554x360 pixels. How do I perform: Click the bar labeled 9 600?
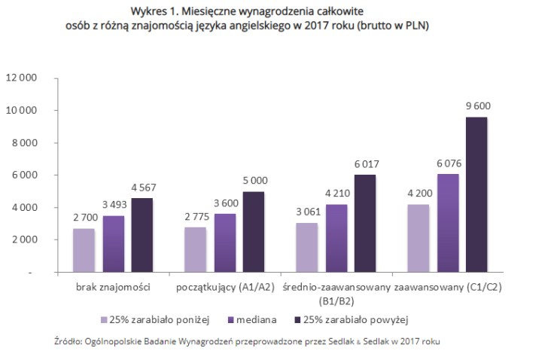[x=476, y=194]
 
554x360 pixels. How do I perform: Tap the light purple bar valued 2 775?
[x=195, y=249]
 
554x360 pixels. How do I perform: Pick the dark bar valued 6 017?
[x=365, y=223]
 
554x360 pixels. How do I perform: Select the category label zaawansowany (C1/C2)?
[x=448, y=288]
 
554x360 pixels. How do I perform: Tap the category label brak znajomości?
[x=114, y=288]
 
